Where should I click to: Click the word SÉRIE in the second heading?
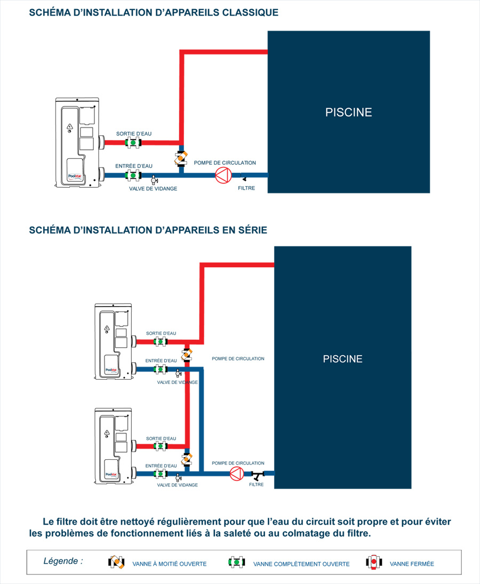pyautogui.click(x=251, y=230)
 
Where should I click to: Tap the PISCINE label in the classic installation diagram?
pyautogui.click(x=348, y=113)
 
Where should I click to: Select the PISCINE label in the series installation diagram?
pyautogui.click(x=342, y=359)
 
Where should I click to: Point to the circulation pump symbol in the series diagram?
pyautogui.click(x=236, y=473)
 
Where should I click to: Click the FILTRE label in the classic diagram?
pyautogui.click(x=246, y=188)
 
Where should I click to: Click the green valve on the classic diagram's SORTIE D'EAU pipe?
pyautogui.click(x=131, y=143)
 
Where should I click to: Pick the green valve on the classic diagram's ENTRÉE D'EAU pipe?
pyautogui.click(x=131, y=175)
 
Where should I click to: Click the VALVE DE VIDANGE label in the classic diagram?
pyautogui.click(x=153, y=189)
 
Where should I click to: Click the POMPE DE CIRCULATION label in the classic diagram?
pyautogui.click(x=225, y=163)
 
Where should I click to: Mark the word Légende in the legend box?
pyautogui.click(x=62, y=561)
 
